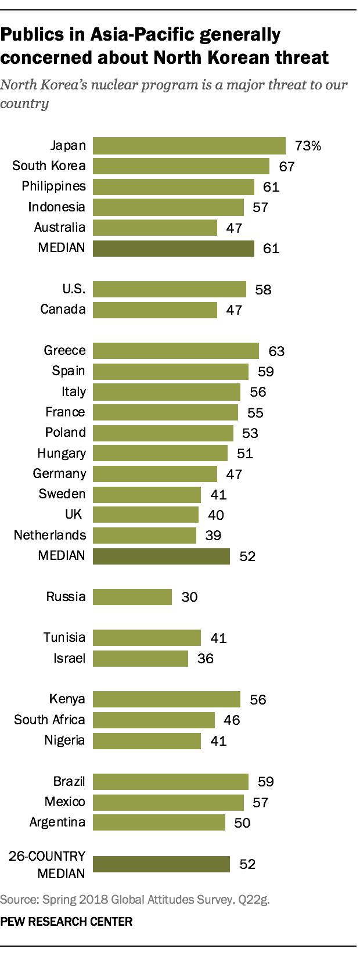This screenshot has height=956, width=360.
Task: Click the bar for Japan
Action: [x=189, y=146]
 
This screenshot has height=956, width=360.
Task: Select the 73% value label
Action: [x=307, y=146]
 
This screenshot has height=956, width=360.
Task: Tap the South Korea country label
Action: [x=49, y=166]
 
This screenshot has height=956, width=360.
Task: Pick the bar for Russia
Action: [x=132, y=596]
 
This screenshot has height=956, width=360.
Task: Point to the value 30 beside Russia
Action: [x=189, y=597]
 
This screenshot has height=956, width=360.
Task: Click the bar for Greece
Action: [x=176, y=351]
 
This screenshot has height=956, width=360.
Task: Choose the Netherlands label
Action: [x=50, y=535]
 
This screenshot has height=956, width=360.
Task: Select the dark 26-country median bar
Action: [x=161, y=864]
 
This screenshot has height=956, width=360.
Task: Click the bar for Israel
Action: [x=141, y=658]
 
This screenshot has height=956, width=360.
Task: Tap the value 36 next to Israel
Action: [x=206, y=659]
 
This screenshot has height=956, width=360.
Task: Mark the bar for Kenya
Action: [x=167, y=699]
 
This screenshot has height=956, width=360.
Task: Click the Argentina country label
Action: [x=57, y=822]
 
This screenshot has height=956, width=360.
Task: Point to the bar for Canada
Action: [x=155, y=310]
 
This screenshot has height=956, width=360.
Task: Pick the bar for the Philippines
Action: [x=174, y=186]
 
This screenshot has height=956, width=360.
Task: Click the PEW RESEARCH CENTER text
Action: [x=67, y=922]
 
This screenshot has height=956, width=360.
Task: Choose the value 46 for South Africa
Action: [x=232, y=720]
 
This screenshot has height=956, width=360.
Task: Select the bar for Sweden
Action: [x=147, y=494]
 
